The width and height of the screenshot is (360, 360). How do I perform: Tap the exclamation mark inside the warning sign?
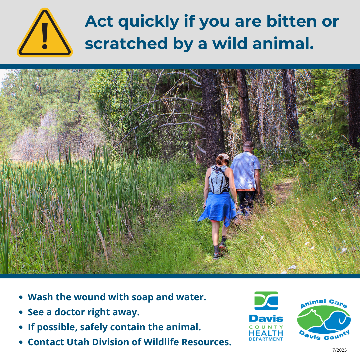[45, 36]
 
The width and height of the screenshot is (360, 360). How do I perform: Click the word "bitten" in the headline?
[292, 21]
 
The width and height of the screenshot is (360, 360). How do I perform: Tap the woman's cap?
[224, 157]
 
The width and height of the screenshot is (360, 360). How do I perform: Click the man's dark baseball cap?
[248, 144]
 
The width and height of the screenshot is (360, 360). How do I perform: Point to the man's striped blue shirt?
[245, 171]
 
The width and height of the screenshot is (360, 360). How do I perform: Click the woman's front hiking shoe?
[222, 246]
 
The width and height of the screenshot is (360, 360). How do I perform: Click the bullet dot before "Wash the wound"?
[21, 297]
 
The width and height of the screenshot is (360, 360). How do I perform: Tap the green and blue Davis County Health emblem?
[266, 301]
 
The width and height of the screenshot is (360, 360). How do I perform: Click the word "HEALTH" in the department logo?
[266, 333]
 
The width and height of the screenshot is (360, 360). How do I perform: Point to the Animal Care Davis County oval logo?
[324, 319]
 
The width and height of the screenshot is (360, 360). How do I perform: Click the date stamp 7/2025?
[340, 350]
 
